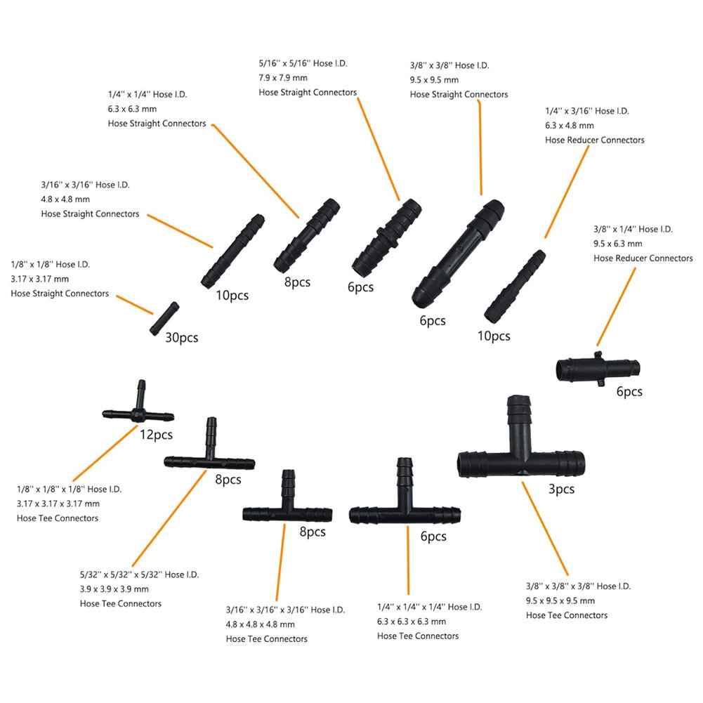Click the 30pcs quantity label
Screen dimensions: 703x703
(x=181, y=338)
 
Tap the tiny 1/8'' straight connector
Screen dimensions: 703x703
(x=165, y=319)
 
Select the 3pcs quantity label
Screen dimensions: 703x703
(x=561, y=489)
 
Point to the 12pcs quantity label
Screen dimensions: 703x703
(x=156, y=435)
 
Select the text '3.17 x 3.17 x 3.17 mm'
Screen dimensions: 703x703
(x=58, y=504)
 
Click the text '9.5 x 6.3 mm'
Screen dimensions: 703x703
(x=618, y=244)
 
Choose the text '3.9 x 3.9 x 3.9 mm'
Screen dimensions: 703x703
(x=114, y=589)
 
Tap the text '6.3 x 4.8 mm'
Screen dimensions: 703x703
(x=570, y=125)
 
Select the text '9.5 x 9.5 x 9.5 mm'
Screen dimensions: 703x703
(x=560, y=600)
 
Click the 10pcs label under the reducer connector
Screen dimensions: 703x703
(x=494, y=336)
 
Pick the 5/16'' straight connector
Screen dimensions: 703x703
(x=386, y=237)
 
